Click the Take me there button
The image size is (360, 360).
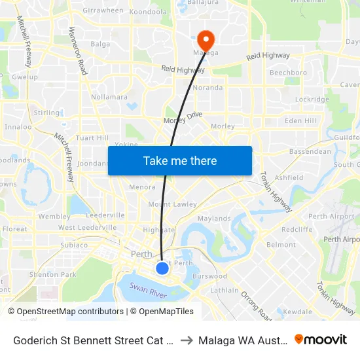(x=180, y=160)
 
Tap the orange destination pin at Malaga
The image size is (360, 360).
(x=206, y=40)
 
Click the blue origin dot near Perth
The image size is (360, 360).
(x=162, y=268)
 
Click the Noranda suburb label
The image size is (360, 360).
(x=207, y=88)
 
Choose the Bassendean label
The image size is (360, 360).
(x=310, y=151)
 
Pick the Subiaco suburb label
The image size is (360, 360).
(x=74, y=245)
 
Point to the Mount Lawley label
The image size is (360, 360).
(x=173, y=204)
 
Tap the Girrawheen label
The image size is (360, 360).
(x=103, y=10)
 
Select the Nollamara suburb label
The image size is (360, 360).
(x=109, y=97)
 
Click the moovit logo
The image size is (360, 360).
(x=321, y=339)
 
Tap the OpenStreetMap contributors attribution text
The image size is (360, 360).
(x=65, y=312)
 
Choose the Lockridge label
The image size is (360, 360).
(x=312, y=99)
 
